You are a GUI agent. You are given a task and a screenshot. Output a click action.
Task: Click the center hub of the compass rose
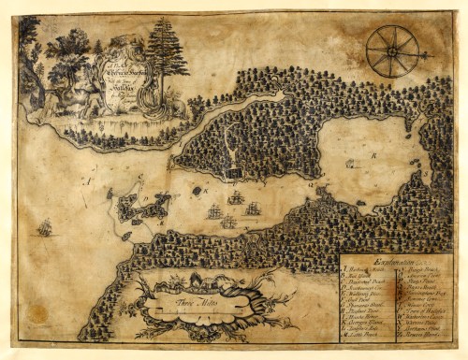coord(392,50)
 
